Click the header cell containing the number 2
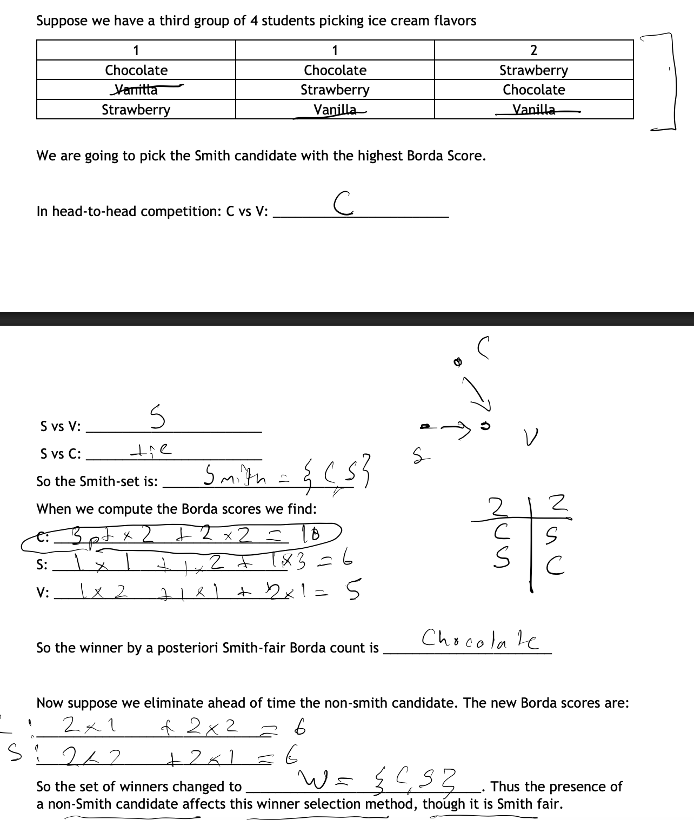click(x=533, y=50)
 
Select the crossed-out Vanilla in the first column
click(x=136, y=90)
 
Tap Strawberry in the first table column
click(x=136, y=110)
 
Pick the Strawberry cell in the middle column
click(x=335, y=90)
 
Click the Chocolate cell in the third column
click(x=533, y=90)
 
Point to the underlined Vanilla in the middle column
click(x=335, y=110)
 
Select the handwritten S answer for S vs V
click(x=157, y=418)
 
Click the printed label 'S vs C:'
click(x=60, y=454)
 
